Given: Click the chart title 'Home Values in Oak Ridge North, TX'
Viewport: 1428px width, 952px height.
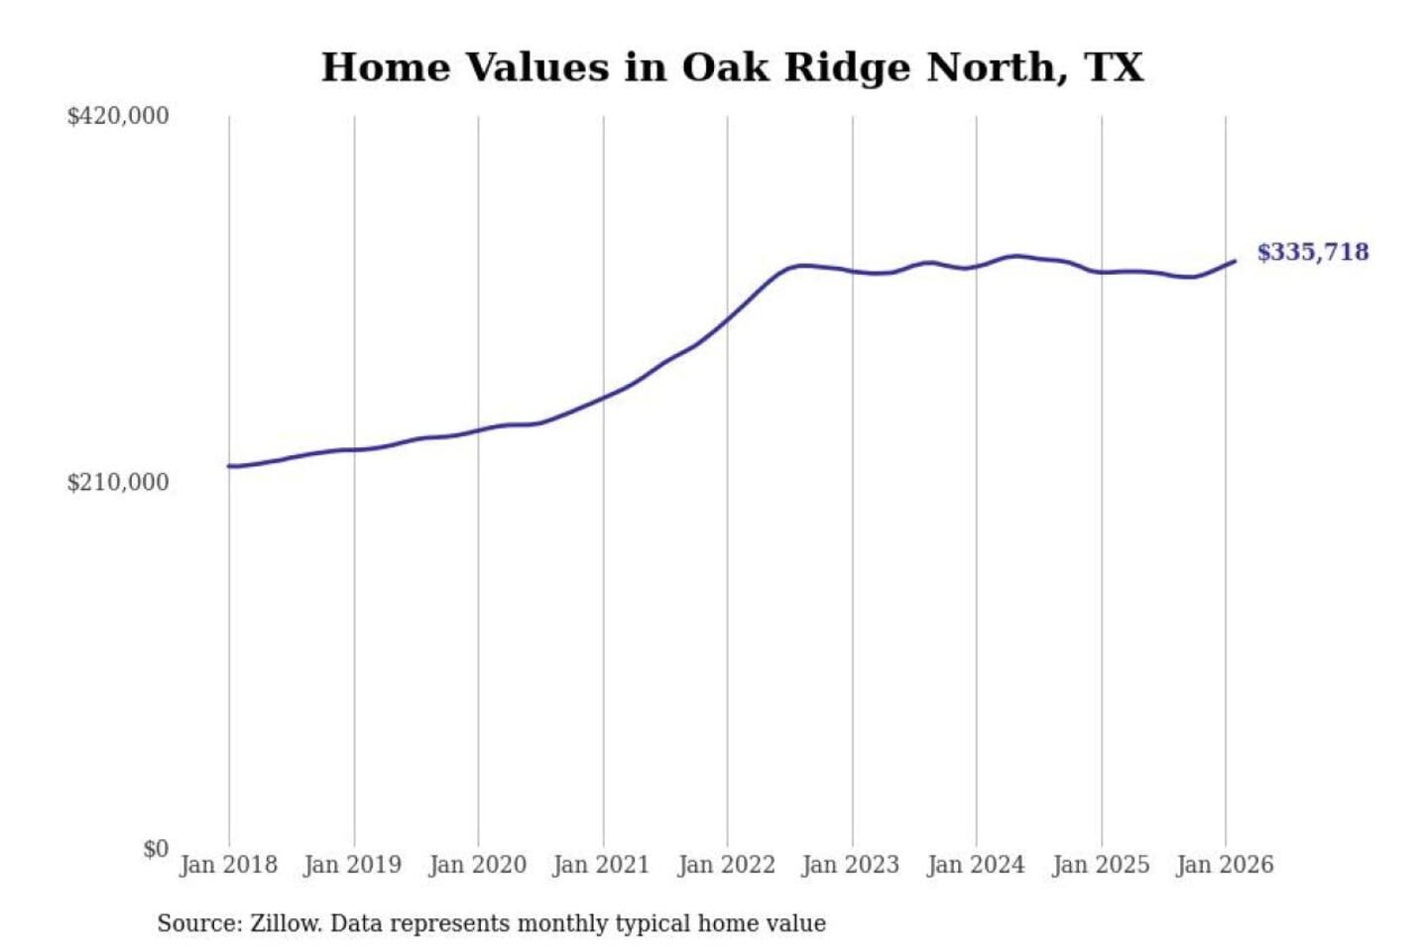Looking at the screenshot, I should (x=732, y=67).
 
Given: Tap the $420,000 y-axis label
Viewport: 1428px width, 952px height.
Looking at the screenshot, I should (x=118, y=116).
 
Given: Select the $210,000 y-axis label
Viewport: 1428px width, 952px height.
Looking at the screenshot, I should (x=118, y=482).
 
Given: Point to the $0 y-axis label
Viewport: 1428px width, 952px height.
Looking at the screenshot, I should (x=156, y=849).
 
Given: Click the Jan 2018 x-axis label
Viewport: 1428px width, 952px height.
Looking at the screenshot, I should (x=228, y=865).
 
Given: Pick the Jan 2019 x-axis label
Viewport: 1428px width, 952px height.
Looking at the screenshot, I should (x=353, y=865).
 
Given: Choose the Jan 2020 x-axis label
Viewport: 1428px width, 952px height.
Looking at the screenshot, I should (x=477, y=865).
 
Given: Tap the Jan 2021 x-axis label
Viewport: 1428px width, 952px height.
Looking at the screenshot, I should (x=601, y=865).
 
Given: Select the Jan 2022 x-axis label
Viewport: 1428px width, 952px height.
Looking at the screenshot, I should (x=726, y=865).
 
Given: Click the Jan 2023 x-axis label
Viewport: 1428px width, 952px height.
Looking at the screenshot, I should (x=851, y=865).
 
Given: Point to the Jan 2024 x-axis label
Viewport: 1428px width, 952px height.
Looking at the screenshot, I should (x=976, y=865).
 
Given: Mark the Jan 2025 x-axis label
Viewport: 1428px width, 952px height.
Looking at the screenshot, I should (x=1101, y=865).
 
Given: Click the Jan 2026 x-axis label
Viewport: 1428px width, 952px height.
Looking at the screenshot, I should (x=1225, y=865).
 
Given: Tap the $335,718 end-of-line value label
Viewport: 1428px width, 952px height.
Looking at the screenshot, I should (x=1313, y=252).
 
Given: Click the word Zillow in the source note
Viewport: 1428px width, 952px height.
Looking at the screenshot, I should (x=286, y=923).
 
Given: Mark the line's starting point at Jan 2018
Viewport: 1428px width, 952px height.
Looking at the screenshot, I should (x=229, y=466).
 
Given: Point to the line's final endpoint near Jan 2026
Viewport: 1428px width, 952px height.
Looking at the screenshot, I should (x=1235, y=261).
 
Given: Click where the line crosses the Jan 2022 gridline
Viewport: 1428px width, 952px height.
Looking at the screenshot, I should (x=727, y=319).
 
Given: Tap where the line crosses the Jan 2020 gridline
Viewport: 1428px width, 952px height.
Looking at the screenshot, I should (x=478, y=430).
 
